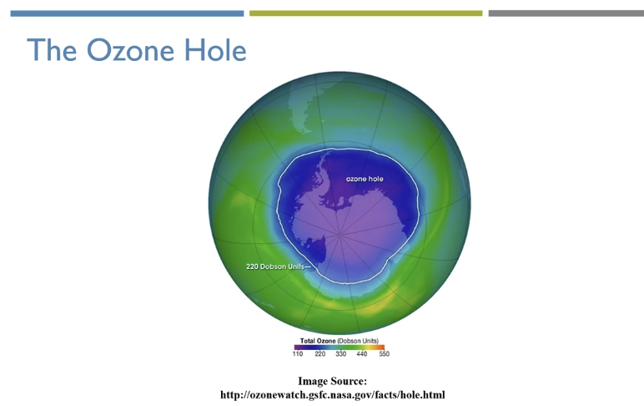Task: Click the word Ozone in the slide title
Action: pyautogui.click(x=130, y=50)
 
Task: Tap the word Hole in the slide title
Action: pyautogui.click(x=215, y=50)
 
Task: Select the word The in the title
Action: pyautogui.click(x=52, y=50)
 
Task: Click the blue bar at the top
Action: pyautogui.click(x=127, y=13)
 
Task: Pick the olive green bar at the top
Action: pyautogui.click(x=365, y=13)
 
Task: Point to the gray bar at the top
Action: pyautogui.click(x=566, y=13)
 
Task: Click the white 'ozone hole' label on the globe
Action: pyautogui.click(x=365, y=179)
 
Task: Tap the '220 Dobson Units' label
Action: pyautogui.click(x=275, y=266)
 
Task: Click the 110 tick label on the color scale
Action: pyautogui.click(x=298, y=353)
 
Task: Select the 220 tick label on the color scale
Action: pyautogui.click(x=320, y=353)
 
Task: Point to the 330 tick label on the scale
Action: pyautogui.click(x=341, y=353)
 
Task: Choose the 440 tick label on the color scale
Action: pyautogui.click(x=362, y=353)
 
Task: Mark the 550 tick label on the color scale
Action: pyautogui.click(x=384, y=353)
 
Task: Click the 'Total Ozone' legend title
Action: pyautogui.click(x=318, y=341)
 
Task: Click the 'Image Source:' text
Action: pyautogui.click(x=332, y=381)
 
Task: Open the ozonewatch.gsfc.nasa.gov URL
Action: pyautogui.click(x=332, y=395)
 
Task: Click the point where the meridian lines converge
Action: pyautogui.click(x=340, y=235)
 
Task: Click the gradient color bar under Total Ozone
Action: pyautogui.click(x=340, y=348)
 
